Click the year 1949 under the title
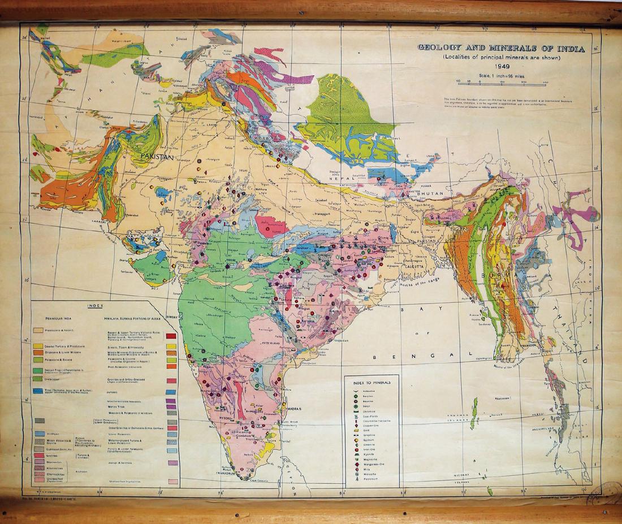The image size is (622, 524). (x=502, y=66)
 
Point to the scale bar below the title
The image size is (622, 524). (x=502, y=83)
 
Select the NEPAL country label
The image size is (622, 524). (x=343, y=177)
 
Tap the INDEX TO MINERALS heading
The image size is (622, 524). (x=372, y=382)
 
